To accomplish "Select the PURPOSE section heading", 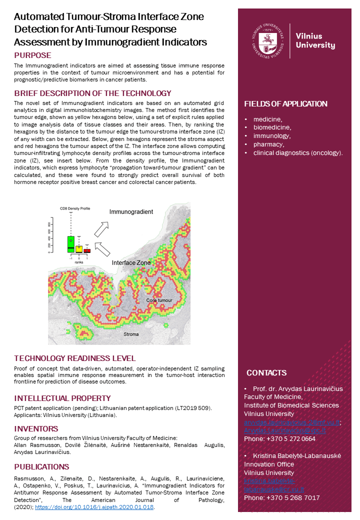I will point(32,55).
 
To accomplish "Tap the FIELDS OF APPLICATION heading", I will point(285,104).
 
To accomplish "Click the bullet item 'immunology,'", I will point(271,135).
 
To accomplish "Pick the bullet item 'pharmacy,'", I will point(268,144).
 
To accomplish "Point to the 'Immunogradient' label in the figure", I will point(131,212).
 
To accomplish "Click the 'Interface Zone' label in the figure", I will point(131,262).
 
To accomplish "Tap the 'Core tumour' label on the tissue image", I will point(159,300).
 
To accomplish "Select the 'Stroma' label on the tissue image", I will point(131,334).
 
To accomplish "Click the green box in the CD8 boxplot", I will point(71,244).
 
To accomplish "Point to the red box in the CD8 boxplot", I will point(87,250).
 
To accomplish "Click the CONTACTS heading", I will point(266,372).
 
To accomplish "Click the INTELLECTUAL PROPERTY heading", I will point(62,398).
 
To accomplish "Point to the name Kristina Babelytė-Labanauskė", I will point(297,455).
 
